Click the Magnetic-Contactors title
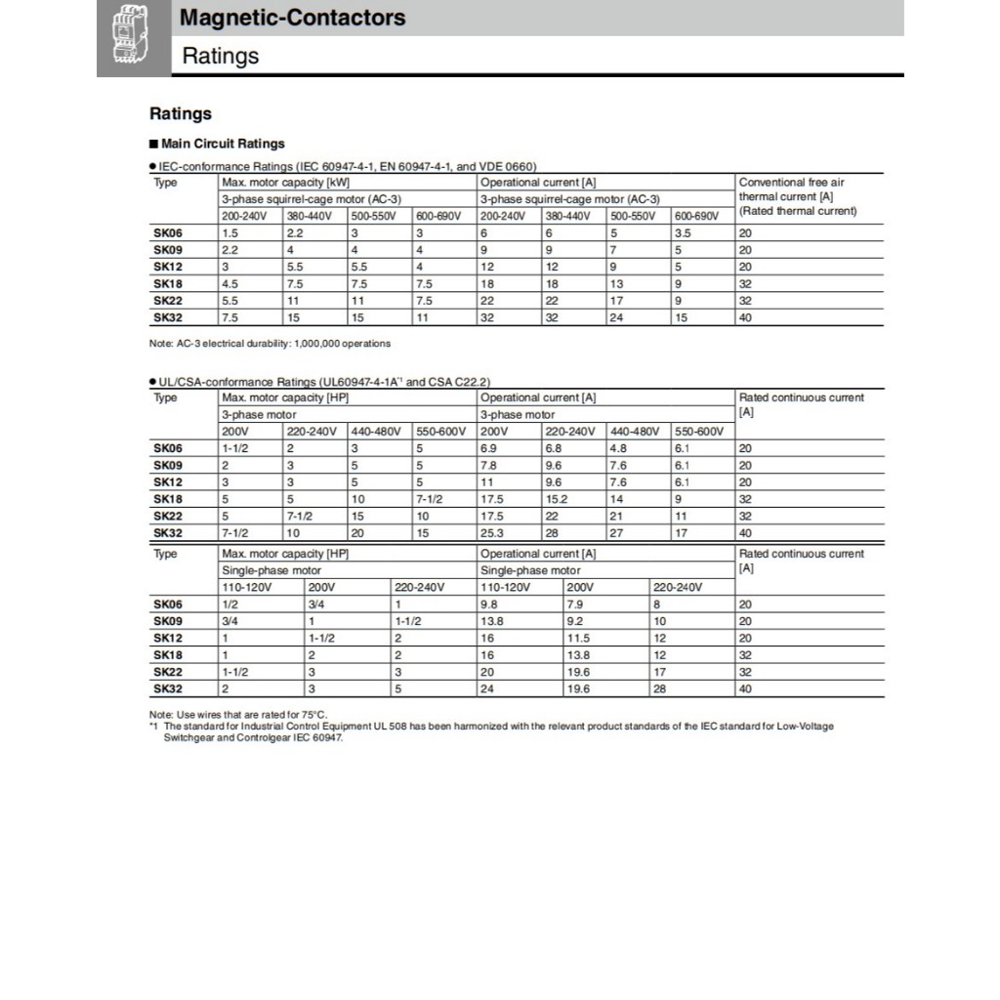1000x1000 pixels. tap(293, 18)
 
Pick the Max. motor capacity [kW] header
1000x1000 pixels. tap(285, 183)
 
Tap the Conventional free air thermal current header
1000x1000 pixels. tap(797, 196)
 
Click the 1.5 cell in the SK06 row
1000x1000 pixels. tap(230, 233)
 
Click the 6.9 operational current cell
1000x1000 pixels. tap(489, 448)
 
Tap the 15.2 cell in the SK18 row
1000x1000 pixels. tap(557, 499)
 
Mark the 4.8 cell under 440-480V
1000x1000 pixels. tap(618, 448)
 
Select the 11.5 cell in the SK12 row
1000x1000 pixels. tap(579, 639)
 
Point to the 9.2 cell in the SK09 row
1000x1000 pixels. tap(575, 621)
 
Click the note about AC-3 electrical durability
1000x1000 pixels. tap(270, 344)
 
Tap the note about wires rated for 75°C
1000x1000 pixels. tap(238, 715)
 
